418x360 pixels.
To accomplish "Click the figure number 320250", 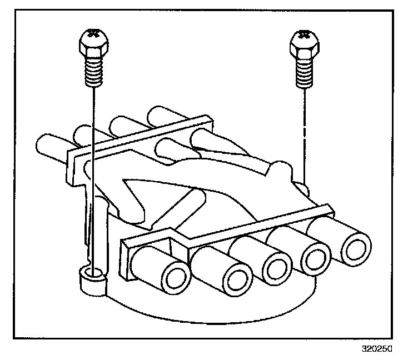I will coord(376,349).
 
